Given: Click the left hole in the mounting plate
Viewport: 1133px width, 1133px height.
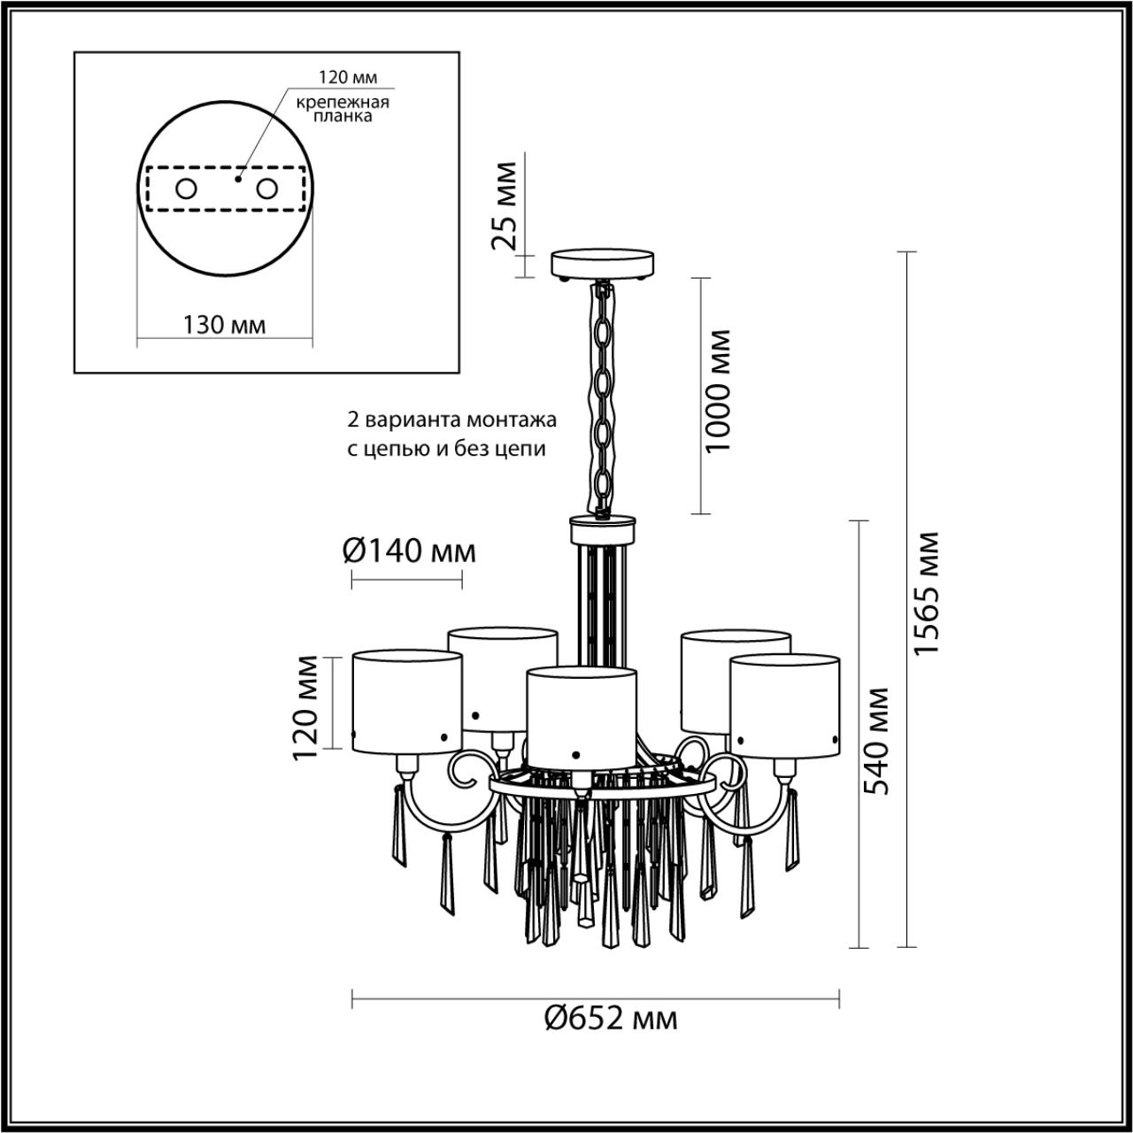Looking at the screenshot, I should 186,189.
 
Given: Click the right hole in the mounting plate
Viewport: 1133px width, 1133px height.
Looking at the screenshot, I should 266,189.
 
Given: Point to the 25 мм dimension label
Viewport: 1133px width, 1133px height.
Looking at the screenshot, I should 505,205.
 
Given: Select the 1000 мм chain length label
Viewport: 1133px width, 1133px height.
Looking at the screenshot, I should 720,390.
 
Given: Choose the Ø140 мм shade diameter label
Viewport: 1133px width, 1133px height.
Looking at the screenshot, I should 408,551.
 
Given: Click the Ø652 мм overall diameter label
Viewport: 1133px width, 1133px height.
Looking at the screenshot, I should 610,1019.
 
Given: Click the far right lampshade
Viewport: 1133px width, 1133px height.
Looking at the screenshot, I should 784,705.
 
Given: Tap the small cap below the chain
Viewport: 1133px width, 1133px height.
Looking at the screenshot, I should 603,529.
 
